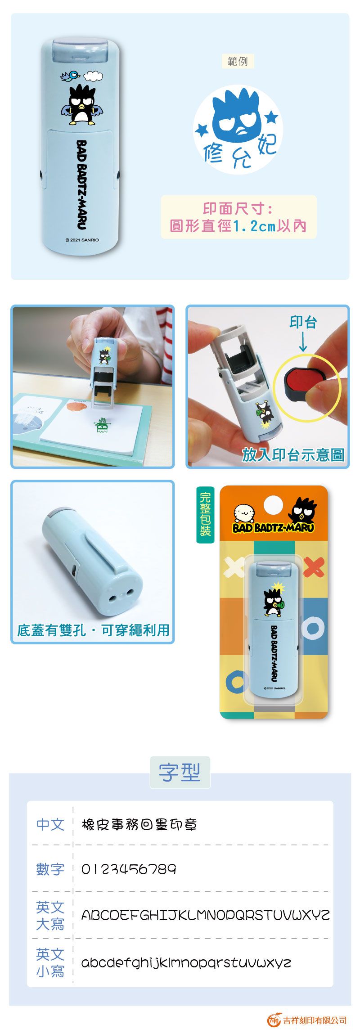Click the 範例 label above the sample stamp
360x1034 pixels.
tap(238, 61)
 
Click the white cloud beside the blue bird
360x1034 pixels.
tap(94, 76)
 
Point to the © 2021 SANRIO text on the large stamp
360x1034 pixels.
tap(82, 240)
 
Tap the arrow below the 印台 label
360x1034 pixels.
tap(303, 342)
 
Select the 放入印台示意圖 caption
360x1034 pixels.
tap(293, 455)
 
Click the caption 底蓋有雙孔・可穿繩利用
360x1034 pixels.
tap(93, 630)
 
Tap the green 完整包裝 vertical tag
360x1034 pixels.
tap(205, 514)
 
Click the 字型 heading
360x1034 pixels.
tap(180, 772)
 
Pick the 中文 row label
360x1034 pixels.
tap(50, 824)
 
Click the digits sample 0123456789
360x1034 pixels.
tap(129, 869)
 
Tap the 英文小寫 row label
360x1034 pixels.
tap(50, 962)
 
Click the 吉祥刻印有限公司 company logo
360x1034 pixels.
tap(307, 1020)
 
